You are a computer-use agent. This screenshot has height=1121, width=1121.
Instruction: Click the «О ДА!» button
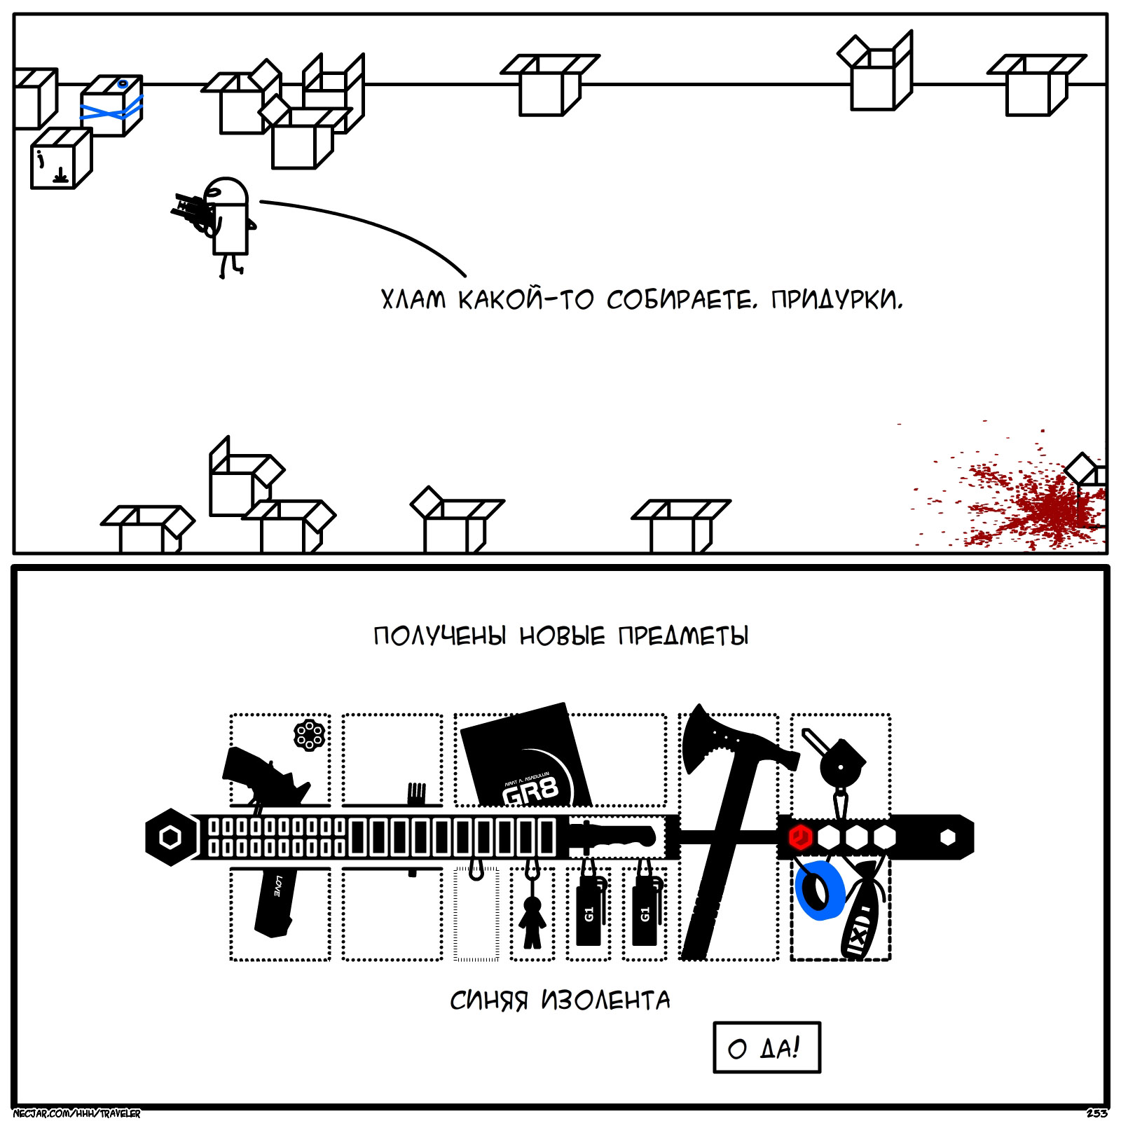(766, 1047)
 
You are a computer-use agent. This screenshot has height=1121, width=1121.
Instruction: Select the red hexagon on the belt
(800, 837)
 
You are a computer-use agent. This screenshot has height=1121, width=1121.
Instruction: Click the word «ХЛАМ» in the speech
(413, 300)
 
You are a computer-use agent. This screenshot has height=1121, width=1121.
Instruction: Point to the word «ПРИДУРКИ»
(837, 300)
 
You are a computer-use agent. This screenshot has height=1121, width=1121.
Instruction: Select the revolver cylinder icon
(309, 735)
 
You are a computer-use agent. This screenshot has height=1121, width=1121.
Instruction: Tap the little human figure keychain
(532, 921)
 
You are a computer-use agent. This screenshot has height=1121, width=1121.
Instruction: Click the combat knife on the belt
(613, 836)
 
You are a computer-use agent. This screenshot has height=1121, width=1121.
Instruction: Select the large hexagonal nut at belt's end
(170, 837)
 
